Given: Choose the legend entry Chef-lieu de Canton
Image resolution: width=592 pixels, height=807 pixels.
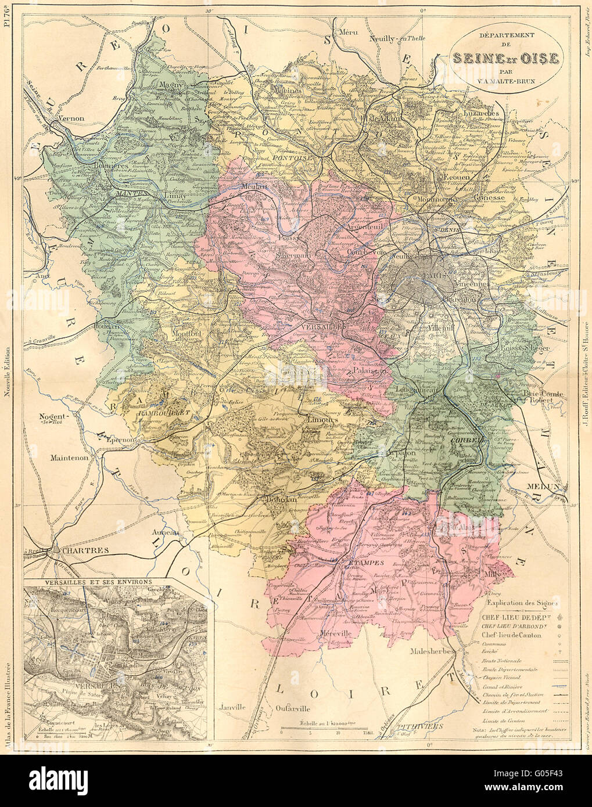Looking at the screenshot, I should click(x=511, y=635).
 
